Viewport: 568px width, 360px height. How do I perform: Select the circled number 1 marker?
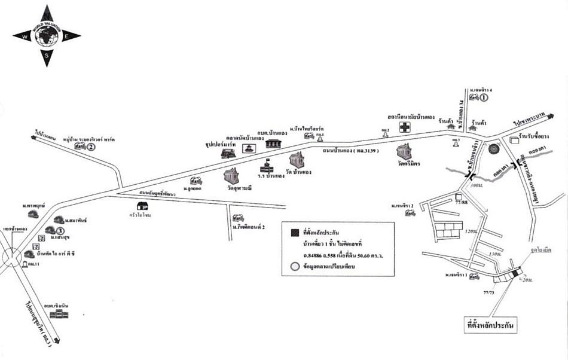point(485,97)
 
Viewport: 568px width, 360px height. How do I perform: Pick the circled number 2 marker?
point(91,147)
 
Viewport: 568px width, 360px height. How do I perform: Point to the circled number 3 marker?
point(60,231)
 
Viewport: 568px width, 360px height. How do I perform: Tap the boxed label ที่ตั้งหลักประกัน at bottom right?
point(490,327)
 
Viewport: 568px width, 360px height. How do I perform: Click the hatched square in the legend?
point(294,232)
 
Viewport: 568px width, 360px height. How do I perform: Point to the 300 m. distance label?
point(477,187)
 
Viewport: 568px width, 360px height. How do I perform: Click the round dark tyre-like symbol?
point(493,148)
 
